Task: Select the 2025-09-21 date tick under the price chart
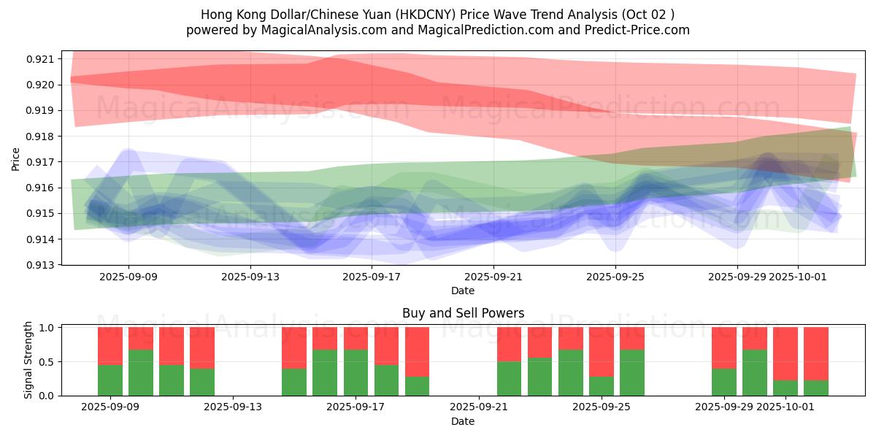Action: [493, 277]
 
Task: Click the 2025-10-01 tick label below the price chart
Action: [798, 277]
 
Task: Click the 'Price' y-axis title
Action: [16, 158]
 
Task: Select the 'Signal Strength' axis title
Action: [28, 360]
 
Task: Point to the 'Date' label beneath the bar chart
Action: [463, 421]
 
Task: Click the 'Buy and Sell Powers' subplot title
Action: [463, 313]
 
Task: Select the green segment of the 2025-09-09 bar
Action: [110, 380]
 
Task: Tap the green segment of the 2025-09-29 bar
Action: [724, 382]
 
